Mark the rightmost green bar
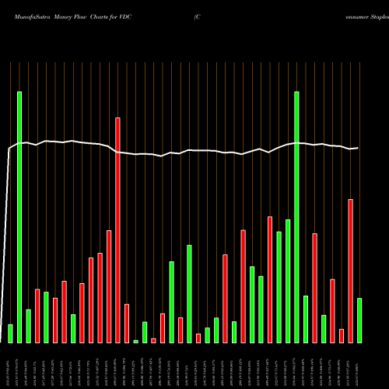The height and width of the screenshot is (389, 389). click(359, 320)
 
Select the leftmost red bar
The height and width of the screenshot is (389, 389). click(37, 315)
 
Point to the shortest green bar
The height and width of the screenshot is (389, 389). click(135, 341)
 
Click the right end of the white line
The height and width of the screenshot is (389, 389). click(358, 148)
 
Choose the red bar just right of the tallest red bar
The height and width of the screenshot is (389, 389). click(127, 323)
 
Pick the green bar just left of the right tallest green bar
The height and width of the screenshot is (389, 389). click(288, 281)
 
